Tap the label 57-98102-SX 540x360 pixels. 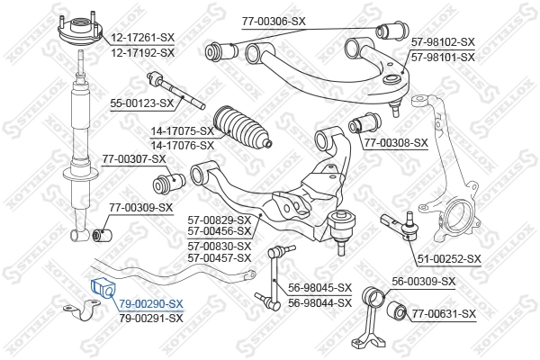tap(442, 42)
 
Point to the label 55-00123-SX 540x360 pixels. tap(140, 103)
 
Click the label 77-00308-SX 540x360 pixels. tap(396, 142)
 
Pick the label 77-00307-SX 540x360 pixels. tap(134, 159)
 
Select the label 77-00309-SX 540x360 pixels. tap(141, 208)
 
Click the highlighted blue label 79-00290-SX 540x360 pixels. tap(151, 304)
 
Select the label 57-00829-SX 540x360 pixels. tap(219, 219)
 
